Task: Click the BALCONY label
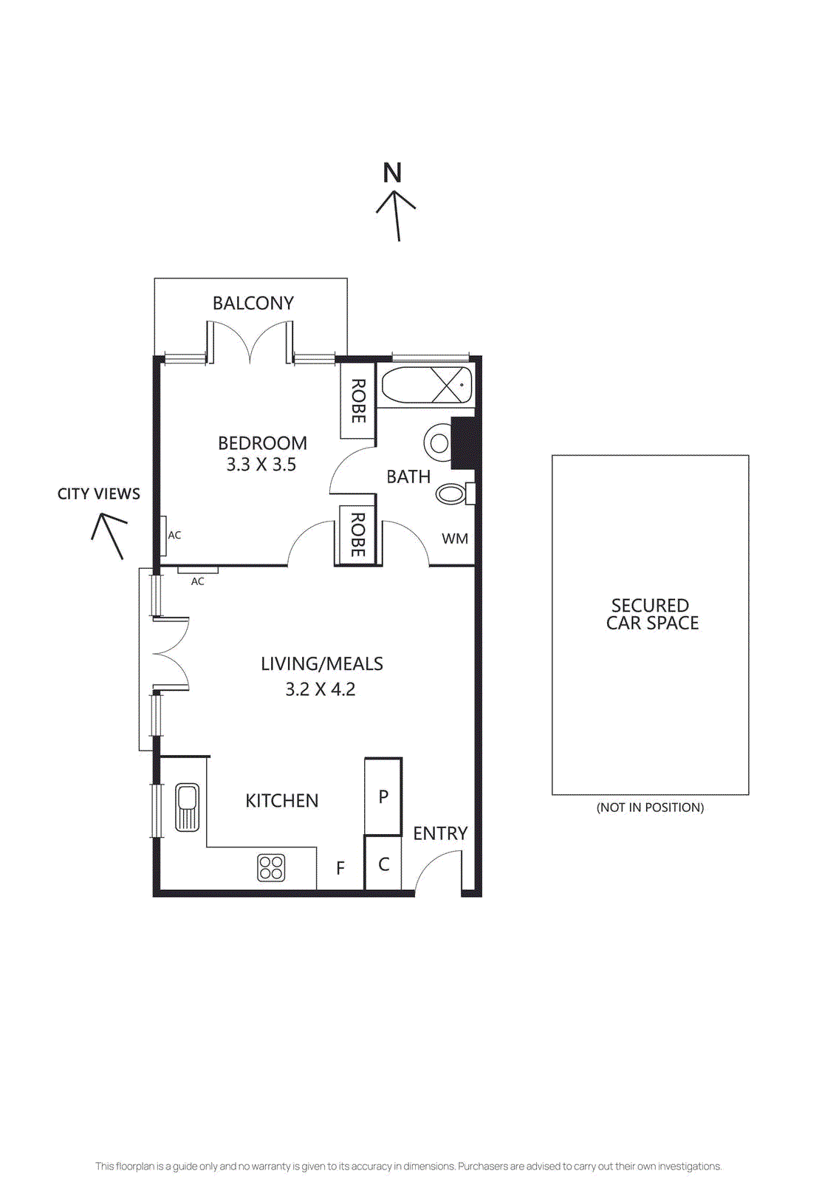253,303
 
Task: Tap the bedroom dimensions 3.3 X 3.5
261,465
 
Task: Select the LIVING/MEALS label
321,663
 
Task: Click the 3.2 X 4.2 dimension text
320,689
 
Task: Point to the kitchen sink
187,807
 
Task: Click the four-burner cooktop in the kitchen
271,867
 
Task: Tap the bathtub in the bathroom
427,385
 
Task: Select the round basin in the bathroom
439,443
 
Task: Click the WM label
454,539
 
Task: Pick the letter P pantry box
383,796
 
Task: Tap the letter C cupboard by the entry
383,864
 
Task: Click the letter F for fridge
340,868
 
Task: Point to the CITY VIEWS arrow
109,535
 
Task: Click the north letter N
392,173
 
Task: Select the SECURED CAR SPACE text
651,614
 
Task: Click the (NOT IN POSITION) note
650,807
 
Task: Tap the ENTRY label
440,833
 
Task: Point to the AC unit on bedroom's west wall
162,535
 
